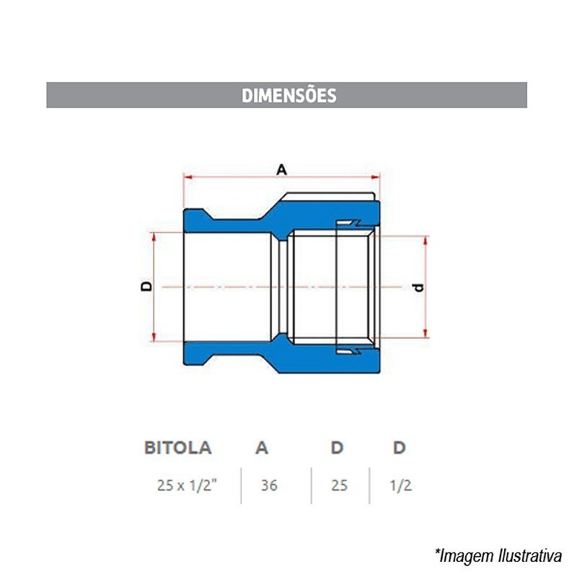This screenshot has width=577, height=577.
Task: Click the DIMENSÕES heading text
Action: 289,95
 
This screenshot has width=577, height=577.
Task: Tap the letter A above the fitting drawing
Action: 281,169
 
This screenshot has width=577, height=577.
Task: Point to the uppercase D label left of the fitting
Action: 146,286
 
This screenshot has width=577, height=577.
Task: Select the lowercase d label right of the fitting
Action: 419,287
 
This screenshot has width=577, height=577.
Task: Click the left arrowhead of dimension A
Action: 188,177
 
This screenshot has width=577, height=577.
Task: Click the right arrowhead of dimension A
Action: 375,177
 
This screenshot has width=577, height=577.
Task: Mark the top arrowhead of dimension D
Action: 154,237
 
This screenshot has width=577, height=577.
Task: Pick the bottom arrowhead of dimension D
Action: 154,337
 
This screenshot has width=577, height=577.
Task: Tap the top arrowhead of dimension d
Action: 426,241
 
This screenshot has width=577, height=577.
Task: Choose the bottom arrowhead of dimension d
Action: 426,333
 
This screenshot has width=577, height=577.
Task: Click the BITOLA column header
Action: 177,448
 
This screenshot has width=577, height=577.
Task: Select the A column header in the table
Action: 262,448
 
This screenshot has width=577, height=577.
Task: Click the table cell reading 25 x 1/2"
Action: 187,485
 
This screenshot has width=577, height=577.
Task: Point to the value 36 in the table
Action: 269,485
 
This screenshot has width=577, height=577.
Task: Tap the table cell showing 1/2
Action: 401,485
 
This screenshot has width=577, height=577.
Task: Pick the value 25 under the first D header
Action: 339,485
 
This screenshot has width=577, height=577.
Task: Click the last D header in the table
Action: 400,448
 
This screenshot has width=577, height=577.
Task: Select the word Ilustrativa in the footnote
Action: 530,555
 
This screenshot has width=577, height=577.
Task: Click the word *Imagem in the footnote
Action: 465,556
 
